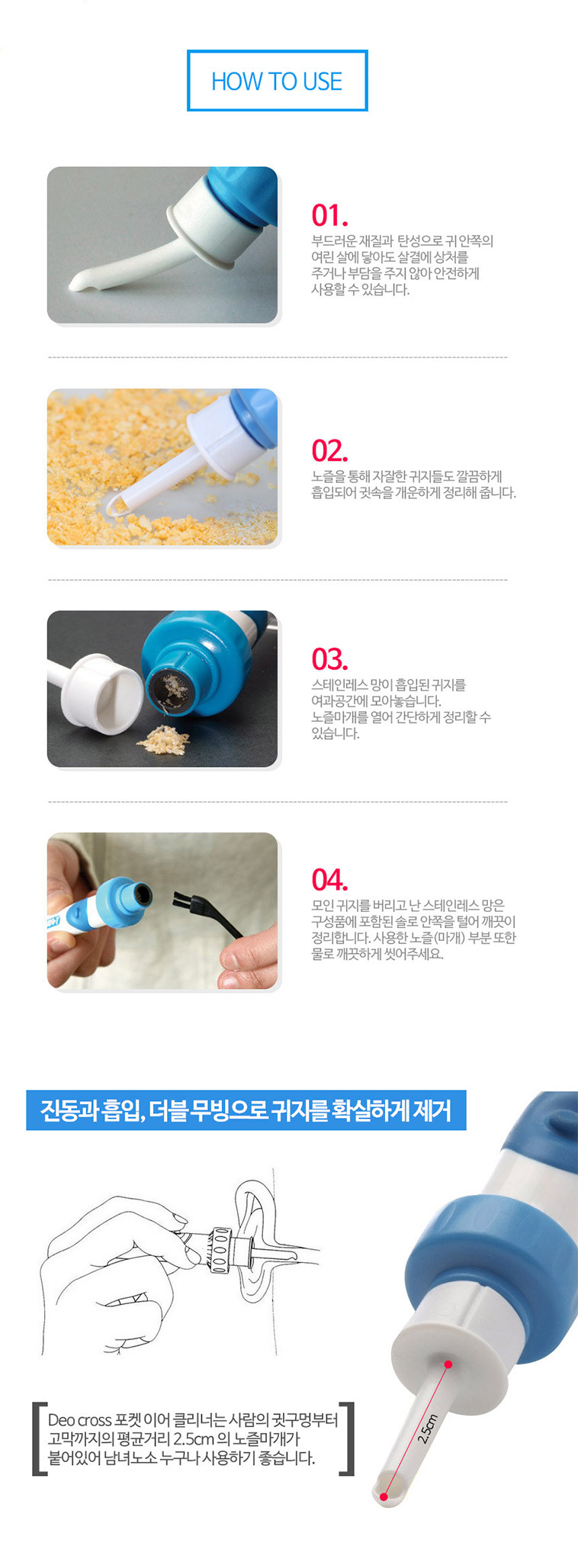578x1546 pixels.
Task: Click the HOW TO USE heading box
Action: [277, 81]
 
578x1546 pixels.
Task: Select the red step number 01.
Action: [329, 216]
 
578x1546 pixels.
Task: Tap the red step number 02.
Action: [329, 451]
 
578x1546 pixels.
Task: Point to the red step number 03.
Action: [329, 659]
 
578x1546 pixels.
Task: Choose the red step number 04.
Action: [329, 880]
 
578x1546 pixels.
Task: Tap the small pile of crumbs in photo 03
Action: [162, 738]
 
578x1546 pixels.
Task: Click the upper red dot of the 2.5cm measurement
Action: [448, 1364]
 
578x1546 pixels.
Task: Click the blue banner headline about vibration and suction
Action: [246, 1110]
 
